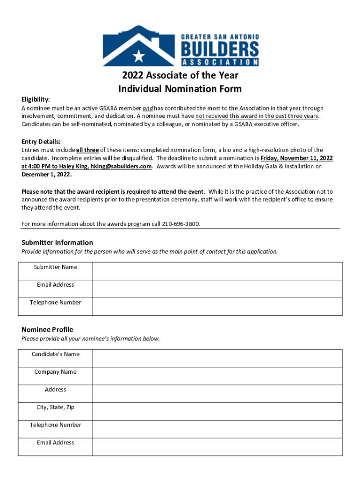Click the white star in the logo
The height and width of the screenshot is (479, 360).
(139, 56)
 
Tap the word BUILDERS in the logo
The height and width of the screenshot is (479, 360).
(219, 49)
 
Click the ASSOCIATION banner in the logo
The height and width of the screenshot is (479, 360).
(219, 62)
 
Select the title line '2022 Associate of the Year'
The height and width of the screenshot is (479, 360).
(180, 75)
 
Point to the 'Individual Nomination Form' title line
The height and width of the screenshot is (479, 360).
(180, 88)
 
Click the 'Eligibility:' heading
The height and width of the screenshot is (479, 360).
(36, 100)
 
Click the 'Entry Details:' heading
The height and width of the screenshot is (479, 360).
(41, 142)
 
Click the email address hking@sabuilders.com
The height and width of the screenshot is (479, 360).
(121, 166)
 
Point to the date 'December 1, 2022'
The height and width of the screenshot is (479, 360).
(46, 174)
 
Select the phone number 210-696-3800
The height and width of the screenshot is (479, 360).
(181, 224)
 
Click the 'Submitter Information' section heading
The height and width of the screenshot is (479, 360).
(57, 242)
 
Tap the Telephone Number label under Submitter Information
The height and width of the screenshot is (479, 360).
(56, 302)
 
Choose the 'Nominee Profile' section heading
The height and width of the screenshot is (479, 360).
(47, 330)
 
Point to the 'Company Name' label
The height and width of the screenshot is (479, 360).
(55, 372)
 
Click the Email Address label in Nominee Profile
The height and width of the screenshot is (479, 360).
(55, 443)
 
